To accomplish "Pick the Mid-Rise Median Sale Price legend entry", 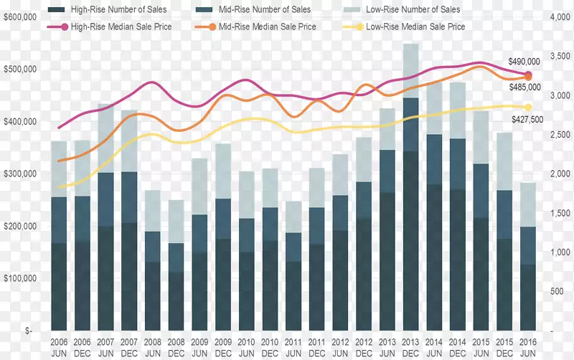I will pyautogui.click(x=265, y=27).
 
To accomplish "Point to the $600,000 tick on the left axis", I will pyautogui.click(x=21, y=17).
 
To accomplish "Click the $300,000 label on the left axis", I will pyautogui.click(x=21, y=174).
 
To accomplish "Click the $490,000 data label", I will pyautogui.click(x=524, y=62).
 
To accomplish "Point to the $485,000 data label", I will pyautogui.click(x=524, y=87).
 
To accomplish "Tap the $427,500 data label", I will pyautogui.click(x=526, y=119).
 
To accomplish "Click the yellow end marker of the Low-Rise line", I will pyautogui.click(x=528, y=108).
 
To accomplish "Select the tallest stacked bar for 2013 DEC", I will pyautogui.click(x=410, y=186).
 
